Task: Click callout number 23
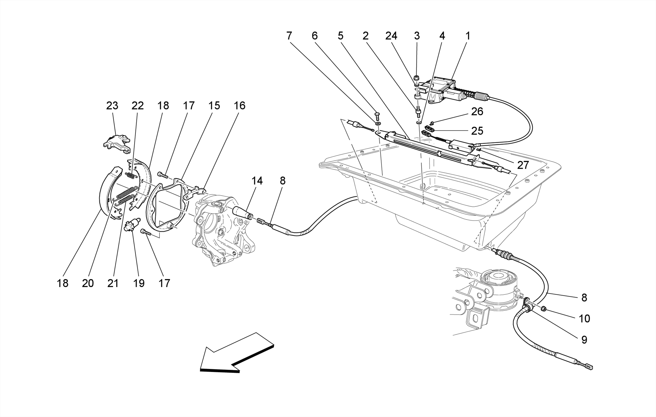[x=112, y=106]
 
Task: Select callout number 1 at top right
[x=467, y=36]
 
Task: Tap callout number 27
[x=523, y=165]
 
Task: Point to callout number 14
[x=257, y=181]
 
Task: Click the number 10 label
[x=584, y=318]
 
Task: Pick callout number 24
[x=391, y=36]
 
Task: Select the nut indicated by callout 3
[x=417, y=78]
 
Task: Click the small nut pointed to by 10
[x=544, y=309]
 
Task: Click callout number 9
[x=584, y=340]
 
